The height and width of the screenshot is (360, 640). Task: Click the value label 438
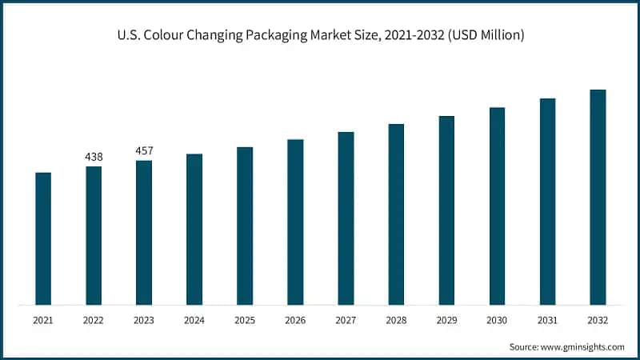(94, 157)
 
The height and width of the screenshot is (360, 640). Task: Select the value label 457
(144, 150)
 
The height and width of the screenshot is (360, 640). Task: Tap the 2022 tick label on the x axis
(94, 320)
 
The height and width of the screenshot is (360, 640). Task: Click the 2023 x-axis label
(144, 320)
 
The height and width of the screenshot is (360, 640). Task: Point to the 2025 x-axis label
(245, 320)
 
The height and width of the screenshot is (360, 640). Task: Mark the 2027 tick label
(346, 320)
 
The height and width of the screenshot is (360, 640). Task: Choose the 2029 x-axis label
(446, 320)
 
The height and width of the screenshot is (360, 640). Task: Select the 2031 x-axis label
(547, 320)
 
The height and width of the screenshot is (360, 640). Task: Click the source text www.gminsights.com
(582, 346)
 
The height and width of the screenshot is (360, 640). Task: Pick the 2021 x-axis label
(43, 320)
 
